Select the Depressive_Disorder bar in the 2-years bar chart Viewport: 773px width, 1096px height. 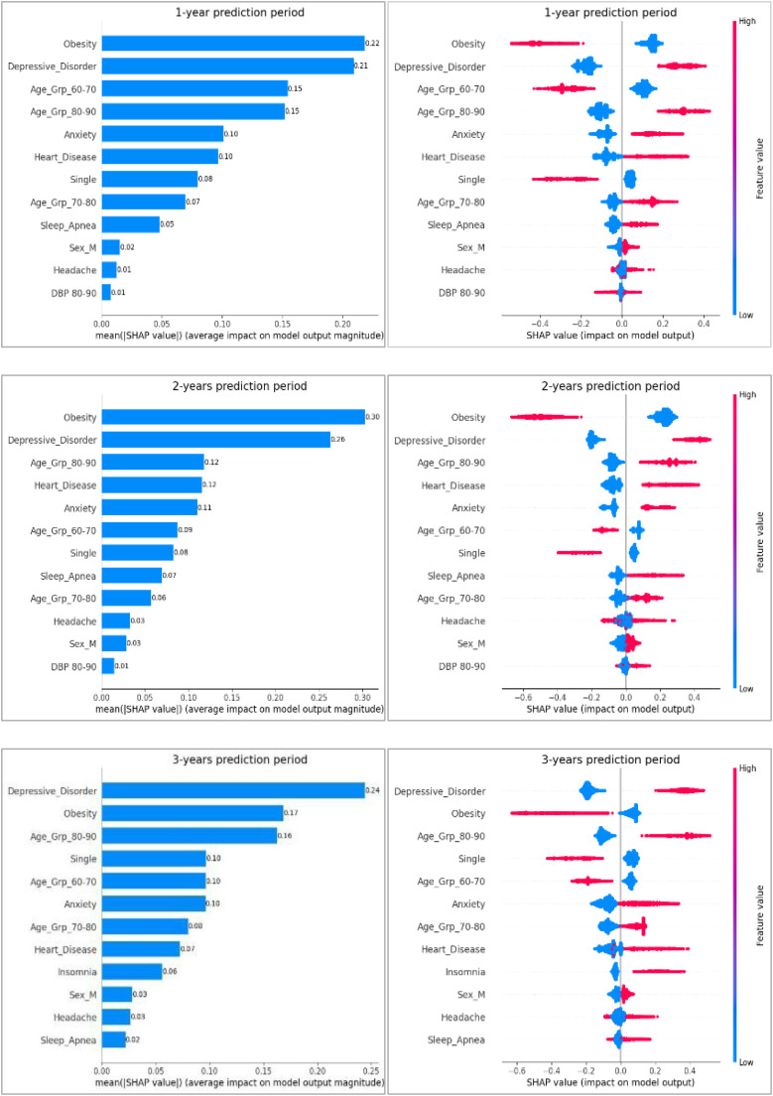pos(215,440)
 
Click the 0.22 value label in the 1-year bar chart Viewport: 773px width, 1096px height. pos(372,44)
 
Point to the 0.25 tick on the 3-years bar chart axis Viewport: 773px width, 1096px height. pos(370,1063)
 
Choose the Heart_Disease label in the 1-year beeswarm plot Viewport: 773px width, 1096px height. pos(453,157)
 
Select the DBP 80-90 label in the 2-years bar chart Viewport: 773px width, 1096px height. pos(68,666)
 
